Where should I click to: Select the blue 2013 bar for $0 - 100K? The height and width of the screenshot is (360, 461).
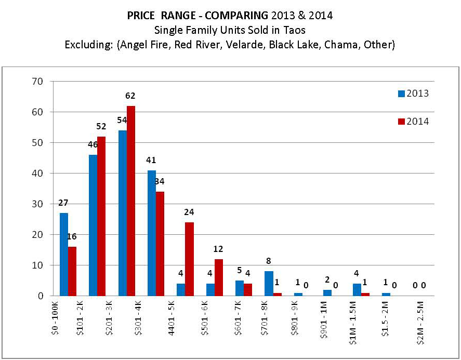point(64,254)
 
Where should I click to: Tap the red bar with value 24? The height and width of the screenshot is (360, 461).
point(189,259)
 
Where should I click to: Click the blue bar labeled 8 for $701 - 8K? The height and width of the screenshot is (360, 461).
point(269,283)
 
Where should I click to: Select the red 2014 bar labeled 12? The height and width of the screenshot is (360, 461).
point(218,277)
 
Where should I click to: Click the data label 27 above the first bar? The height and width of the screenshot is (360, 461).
point(64,203)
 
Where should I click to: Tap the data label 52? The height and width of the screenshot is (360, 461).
point(101,126)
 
